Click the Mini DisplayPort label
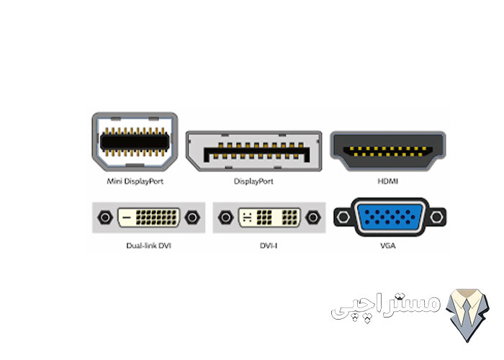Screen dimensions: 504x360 coord(135,181)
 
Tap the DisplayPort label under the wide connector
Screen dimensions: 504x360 coord(253,181)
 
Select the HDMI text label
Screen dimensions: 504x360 coord(387,181)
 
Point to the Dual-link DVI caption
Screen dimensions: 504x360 coord(148,246)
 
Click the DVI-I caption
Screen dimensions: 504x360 coord(269,246)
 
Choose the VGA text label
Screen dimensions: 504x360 coord(388,246)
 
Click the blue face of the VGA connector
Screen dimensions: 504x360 coord(390,217)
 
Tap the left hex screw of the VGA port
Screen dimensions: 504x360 coord(343,217)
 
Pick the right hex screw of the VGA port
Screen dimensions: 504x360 coord(436,217)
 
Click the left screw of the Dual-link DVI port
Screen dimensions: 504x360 coord(105,217)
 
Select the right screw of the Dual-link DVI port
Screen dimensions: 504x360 coord(192,217)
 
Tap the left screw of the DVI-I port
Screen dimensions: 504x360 coord(225,217)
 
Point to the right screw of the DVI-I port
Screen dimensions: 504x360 coord(312,217)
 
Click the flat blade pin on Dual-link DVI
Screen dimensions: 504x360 coord(127,217)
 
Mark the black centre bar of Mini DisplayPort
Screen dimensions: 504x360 coord(135,142)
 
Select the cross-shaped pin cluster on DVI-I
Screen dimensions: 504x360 coord(247,217)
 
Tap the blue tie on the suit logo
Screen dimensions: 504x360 coord(467,313)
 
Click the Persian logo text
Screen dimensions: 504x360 coord(386,306)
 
